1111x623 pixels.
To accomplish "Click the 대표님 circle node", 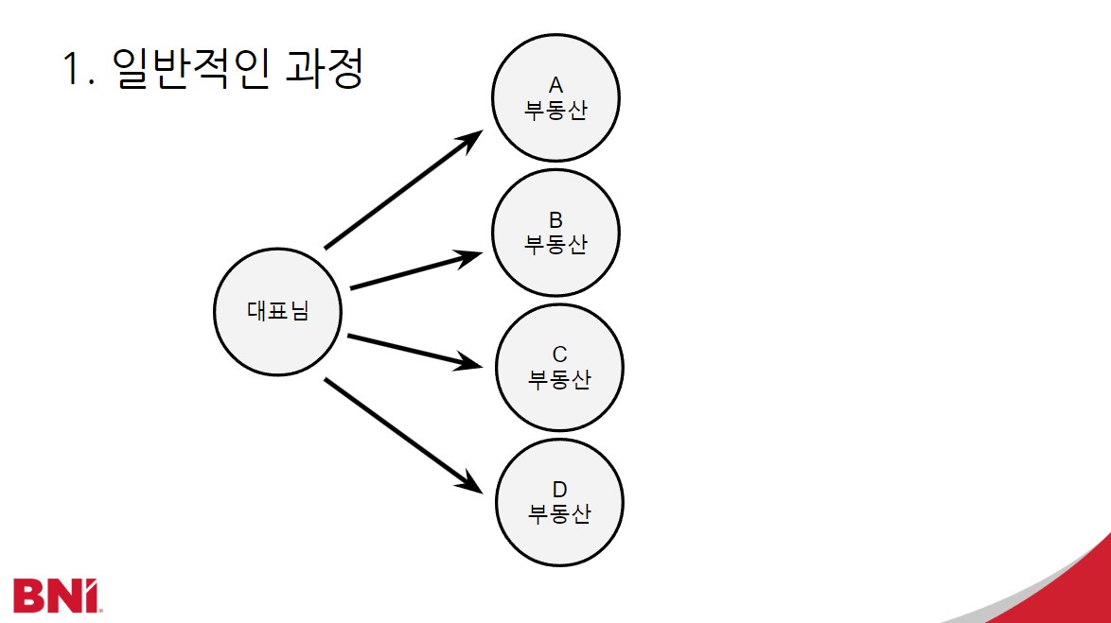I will tap(277, 312).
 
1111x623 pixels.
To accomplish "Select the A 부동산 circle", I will tap(555, 98).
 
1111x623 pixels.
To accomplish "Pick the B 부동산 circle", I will tap(555, 233).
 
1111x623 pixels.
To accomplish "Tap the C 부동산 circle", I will tap(559, 367).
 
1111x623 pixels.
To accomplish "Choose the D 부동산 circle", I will tap(559, 502).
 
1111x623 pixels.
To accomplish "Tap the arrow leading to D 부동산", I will tap(402, 434).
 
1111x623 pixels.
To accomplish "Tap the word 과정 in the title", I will tap(323, 70).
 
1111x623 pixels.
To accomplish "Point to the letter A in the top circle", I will tap(555, 86).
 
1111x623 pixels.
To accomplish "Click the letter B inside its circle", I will tap(555, 220).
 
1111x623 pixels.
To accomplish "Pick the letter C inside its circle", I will tap(559, 355).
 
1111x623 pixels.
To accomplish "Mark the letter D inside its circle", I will tap(559, 490).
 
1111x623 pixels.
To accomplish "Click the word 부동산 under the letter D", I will tap(559, 515).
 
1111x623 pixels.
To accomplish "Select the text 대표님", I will tap(277, 312).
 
